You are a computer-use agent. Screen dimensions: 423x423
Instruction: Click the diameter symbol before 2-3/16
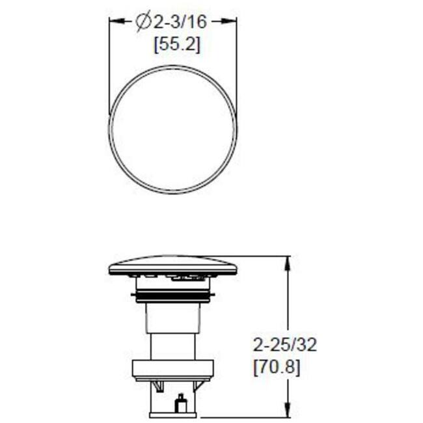tap(143, 22)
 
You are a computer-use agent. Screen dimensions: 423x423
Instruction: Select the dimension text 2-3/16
tap(180, 22)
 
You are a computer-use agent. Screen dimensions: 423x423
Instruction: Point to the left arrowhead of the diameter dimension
tap(114, 21)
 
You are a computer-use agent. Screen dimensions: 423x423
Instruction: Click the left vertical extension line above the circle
tap(109, 65)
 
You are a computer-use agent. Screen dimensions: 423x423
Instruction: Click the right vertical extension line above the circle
tap(237, 65)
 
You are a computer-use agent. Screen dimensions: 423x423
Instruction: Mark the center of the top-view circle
tap(173, 129)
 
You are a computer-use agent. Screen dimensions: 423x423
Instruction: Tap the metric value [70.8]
tap(276, 367)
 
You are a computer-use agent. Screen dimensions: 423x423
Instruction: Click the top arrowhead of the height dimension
tap(287, 262)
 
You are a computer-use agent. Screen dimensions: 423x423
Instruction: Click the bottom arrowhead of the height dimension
tap(287, 412)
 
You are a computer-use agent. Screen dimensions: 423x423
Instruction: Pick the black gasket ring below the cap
tap(173, 297)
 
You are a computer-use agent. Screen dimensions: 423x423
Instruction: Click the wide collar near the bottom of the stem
tap(173, 370)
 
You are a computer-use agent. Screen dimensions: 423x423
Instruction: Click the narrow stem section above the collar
tap(173, 345)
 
